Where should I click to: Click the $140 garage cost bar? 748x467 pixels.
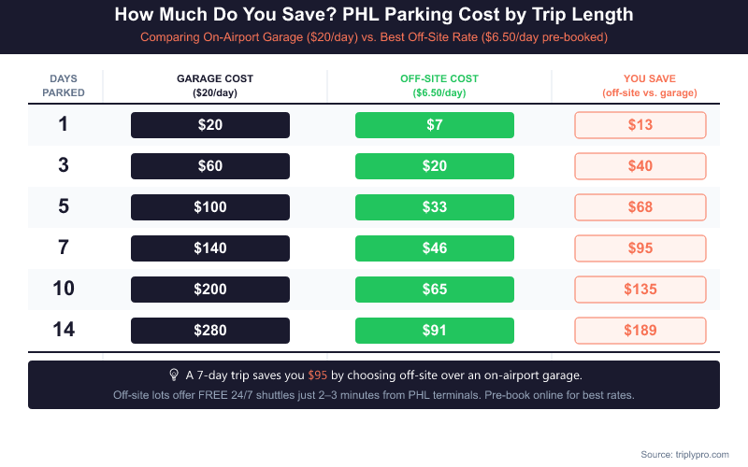tap(210, 248)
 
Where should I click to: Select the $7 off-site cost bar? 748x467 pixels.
tap(435, 125)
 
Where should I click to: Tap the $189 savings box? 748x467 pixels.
tap(640, 331)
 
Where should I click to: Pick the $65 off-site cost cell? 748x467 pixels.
tap(435, 290)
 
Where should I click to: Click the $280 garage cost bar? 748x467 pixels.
tap(210, 331)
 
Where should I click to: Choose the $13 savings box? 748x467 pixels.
tap(640, 125)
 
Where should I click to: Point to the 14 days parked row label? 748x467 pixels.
tap(64, 330)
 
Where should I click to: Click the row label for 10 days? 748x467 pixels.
tap(64, 289)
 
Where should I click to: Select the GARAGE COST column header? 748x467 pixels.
tap(215, 86)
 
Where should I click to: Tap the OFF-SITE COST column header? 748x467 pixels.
tap(439, 86)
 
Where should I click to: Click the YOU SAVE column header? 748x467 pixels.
tap(649, 86)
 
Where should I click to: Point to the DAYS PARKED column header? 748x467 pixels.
tap(64, 86)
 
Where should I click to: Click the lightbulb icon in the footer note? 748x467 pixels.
tap(173, 375)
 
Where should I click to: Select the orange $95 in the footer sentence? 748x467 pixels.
tap(318, 375)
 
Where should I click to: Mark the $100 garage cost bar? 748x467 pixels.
tap(210, 207)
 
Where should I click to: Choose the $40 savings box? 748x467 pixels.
tap(640, 166)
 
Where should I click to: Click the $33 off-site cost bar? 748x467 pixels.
tap(435, 207)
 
